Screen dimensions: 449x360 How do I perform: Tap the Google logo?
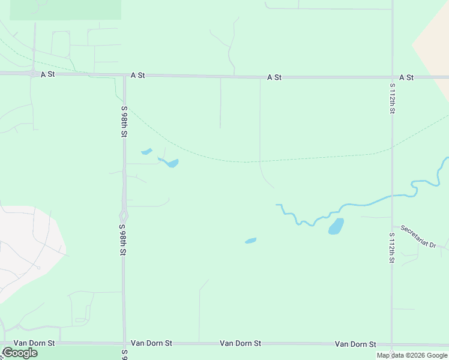pyautogui.click(x=20, y=353)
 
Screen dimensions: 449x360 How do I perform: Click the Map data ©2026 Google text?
pyautogui.click(x=412, y=355)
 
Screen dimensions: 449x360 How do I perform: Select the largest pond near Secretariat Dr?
pyautogui.click(x=336, y=226)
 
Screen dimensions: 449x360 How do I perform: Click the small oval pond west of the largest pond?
pyautogui.click(x=250, y=241)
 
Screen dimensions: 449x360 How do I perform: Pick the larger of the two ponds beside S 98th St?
pyautogui.click(x=171, y=163)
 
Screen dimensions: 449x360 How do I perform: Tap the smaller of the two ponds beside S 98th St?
pyautogui.click(x=146, y=151)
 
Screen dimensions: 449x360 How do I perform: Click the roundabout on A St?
pyautogui.click(x=32, y=73)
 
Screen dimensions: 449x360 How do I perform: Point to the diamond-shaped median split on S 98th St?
pyautogui.click(x=124, y=215)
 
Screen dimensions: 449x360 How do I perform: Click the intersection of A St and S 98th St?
pyautogui.click(x=124, y=76)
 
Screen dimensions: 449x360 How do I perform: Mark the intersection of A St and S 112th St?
pyautogui.click(x=392, y=77)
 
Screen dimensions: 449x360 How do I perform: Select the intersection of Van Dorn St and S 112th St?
pyautogui.click(x=392, y=344)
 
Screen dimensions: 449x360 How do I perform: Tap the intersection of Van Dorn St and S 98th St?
pyautogui.click(x=125, y=344)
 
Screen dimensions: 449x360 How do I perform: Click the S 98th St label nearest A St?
pyautogui.click(x=124, y=122)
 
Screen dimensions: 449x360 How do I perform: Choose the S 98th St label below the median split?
pyautogui.click(x=123, y=240)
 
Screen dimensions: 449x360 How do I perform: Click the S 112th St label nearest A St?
pyautogui.click(x=392, y=98)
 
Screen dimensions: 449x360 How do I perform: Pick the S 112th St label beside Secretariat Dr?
pyautogui.click(x=392, y=248)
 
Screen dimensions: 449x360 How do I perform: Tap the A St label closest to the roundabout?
pyautogui.click(x=47, y=74)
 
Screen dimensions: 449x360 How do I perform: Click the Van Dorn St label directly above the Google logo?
pyautogui.click(x=34, y=343)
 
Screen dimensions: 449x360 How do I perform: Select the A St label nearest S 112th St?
pyautogui.click(x=406, y=77)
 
